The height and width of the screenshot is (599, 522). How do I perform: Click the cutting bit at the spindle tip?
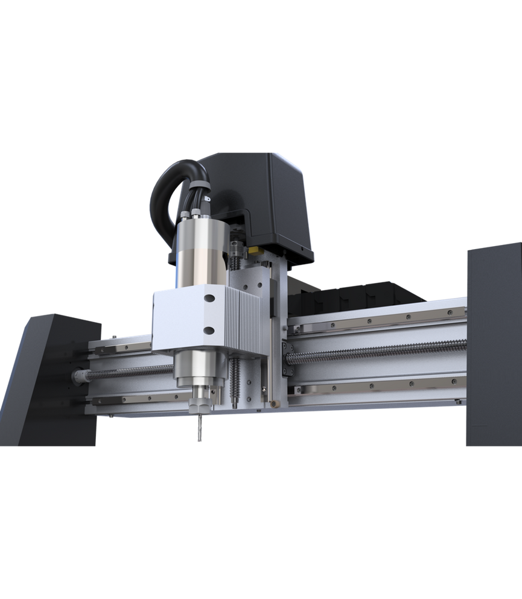point(198,429)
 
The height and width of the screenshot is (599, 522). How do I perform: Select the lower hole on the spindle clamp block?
point(209,329)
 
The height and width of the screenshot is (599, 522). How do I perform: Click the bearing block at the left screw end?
point(78,377)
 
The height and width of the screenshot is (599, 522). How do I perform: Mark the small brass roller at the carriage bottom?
point(275,403)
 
